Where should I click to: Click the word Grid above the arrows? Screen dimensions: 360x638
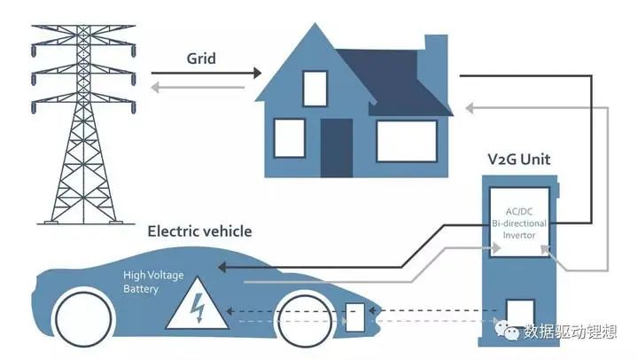click(203, 59)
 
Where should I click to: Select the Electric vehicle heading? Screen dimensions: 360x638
click(199, 231)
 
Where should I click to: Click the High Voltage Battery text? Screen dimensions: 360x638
click(153, 283)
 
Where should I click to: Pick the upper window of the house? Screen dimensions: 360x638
click(315, 87)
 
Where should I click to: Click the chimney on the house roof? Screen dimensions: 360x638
click(434, 53)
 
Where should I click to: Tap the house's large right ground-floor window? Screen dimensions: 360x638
click(406, 138)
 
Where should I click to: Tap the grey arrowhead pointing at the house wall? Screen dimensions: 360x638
click(471, 107)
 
